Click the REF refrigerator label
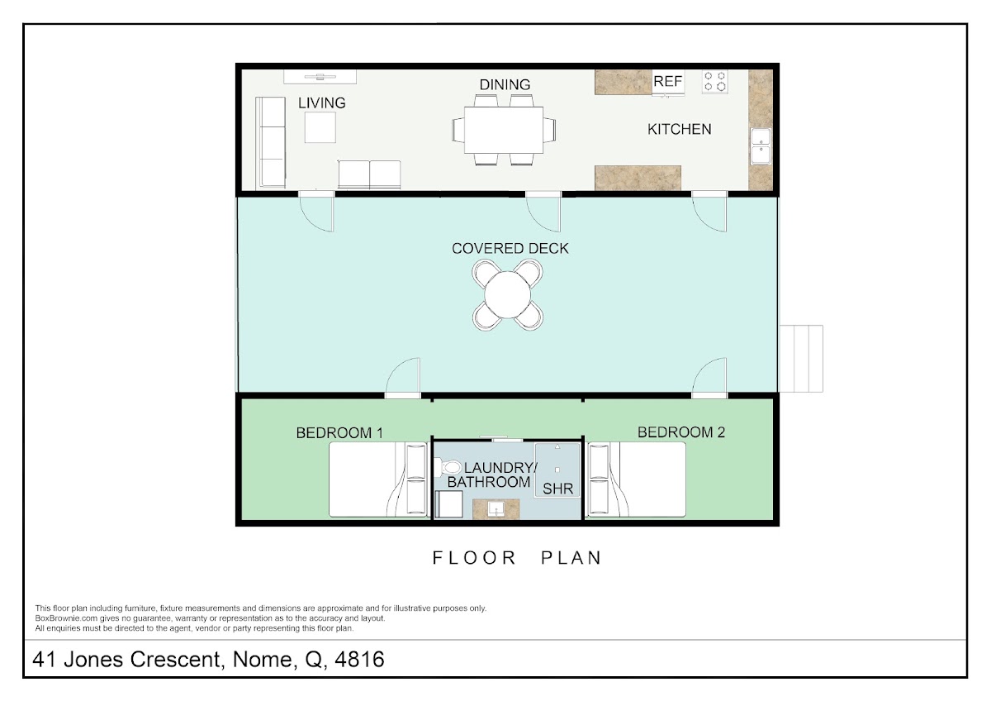[667, 82]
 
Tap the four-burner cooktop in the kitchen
[714, 82]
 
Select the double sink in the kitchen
[761, 146]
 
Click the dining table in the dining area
[504, 130]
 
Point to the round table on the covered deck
[507, 294]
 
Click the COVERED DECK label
[510, 249]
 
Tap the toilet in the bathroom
[448, 467]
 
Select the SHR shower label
[557, 489]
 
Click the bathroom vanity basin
[496, 509]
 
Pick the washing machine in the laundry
[448, 504]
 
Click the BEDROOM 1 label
[339, 432]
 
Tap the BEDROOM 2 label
[680, 432]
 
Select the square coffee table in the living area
[320, 127]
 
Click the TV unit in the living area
[320, 77]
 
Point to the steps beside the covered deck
[801, 359]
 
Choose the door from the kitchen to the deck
[709, 212]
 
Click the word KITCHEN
[679, 129]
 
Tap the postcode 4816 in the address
[359, 659]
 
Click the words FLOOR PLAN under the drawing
[517, 558]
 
